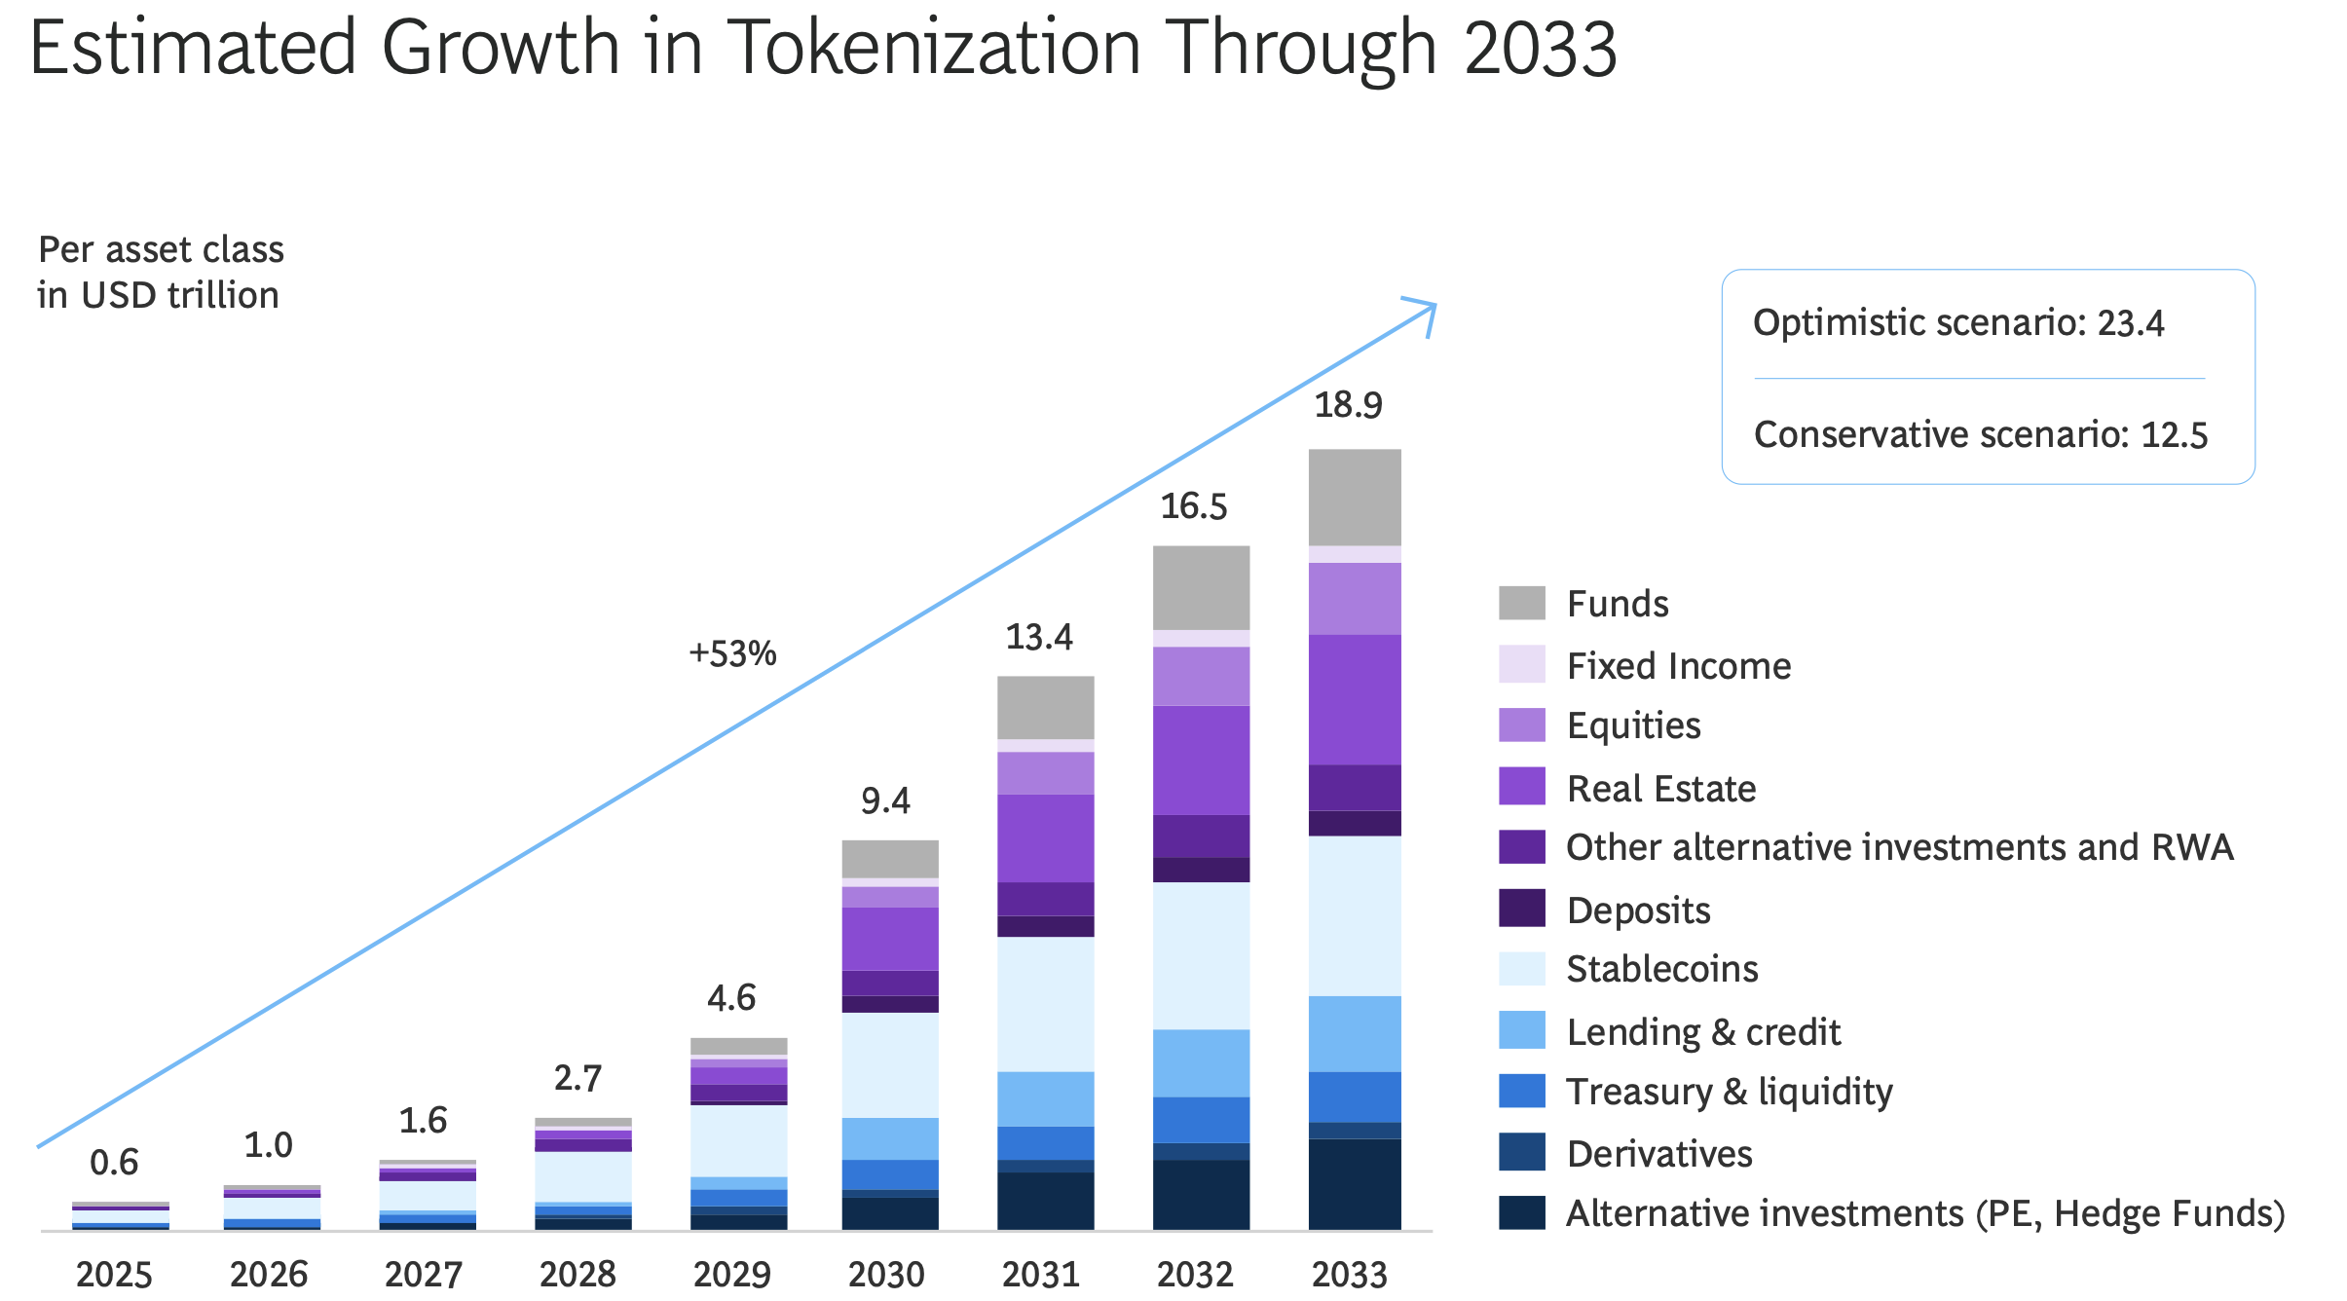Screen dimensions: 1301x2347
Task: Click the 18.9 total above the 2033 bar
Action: click(1348, 404)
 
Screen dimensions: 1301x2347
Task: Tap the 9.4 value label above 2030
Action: click(885, 800)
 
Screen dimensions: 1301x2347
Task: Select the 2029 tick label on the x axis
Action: click(731, 1274)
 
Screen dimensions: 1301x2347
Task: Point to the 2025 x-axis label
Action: click(114, 1274)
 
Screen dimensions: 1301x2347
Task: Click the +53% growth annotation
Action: click(732, 653)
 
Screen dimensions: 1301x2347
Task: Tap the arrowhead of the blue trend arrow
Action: click(1427, 310)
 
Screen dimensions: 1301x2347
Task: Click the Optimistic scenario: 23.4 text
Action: click(1957, 322)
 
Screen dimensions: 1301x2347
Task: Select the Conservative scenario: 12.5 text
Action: click(1980, 434)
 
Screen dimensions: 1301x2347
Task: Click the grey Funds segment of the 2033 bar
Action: click(1355, 497)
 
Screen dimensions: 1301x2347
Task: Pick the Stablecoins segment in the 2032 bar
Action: click(1201, 954)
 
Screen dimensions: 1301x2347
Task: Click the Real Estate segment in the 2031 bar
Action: click(1045, 837)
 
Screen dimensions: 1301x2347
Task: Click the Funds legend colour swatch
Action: click(1521, 603)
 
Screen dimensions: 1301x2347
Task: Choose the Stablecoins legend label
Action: click(1661, 969)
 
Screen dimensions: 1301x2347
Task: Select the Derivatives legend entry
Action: click(1658, 1154)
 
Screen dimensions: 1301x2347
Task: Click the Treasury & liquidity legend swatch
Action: click(1521, 1091)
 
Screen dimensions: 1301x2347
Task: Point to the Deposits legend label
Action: click(1638, 911)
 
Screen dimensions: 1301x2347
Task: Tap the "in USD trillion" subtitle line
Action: click(158, 295)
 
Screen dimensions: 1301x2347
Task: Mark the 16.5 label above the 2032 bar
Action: click(1193, 506)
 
